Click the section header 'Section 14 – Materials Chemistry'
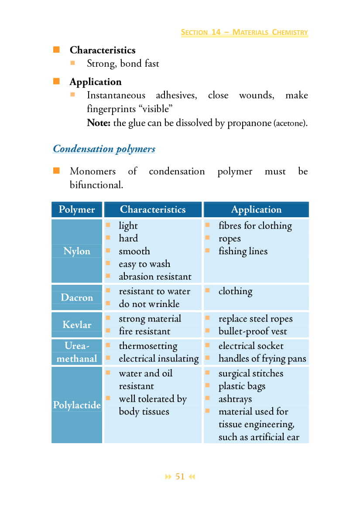(244, 32)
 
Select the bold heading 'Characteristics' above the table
(103, 50)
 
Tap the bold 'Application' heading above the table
(95, 82)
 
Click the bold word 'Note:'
(99, 123)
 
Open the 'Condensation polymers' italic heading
(104, 149)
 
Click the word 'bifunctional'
(96, 185)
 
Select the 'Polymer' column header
(77, 210)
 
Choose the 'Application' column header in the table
(256, 210)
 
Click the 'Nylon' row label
(77, 251)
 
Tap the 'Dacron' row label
(77, 297)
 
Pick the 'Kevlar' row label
(77, 325)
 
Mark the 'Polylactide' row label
(77, 405)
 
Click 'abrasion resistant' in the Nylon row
(155, 277)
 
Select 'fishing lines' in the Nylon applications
(243, 251)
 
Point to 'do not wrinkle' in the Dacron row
(149, 304)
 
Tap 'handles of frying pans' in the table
(262, 359)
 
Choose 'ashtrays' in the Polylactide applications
(235, 399)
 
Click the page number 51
(180, 477)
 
